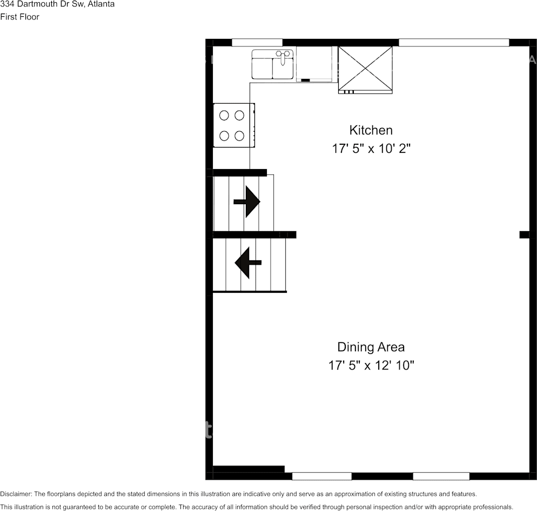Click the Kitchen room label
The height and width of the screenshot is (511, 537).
[371, 130]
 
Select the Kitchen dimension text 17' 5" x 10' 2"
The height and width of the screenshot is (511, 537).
[372, 149]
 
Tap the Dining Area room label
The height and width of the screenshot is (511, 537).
[371, 347]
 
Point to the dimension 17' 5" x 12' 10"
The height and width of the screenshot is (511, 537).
[371, 366]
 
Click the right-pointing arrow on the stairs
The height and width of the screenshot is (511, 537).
[247, 201]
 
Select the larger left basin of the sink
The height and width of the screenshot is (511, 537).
[263, 68]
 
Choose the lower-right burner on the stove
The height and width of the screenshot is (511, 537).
[239, 136]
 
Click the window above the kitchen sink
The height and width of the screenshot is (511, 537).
[257, 43]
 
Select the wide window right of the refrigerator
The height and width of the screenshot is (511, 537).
[454, 43]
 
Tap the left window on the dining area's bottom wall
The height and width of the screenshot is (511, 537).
[322, 476]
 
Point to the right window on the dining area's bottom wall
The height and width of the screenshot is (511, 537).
[441, 476]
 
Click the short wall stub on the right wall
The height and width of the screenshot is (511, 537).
[524, 234]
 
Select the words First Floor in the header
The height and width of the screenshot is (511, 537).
[20, 17]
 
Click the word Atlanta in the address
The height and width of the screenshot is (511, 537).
[100, 4]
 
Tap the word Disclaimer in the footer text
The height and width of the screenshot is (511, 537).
[16, 494]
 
